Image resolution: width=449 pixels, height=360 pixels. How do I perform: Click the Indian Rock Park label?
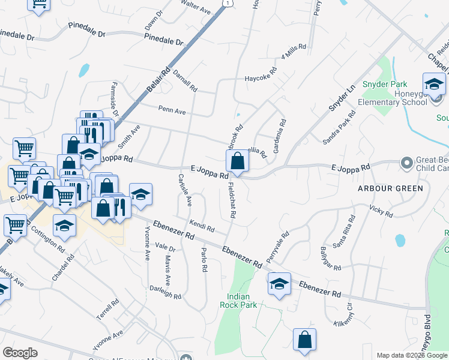tap(242, 301)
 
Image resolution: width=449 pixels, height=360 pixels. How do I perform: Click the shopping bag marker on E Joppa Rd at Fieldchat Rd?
tap(238, 161)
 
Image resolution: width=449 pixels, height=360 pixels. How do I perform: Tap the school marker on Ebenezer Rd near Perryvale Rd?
tap(279, 284)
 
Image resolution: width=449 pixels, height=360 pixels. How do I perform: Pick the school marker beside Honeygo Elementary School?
tap(434, 85)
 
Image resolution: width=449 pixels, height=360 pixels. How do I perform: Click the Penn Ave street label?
tap(172, 110)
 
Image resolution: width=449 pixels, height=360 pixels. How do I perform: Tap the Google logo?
tap(20, 353)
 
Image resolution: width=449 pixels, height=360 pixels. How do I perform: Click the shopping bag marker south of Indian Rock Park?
tap(304, 339)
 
